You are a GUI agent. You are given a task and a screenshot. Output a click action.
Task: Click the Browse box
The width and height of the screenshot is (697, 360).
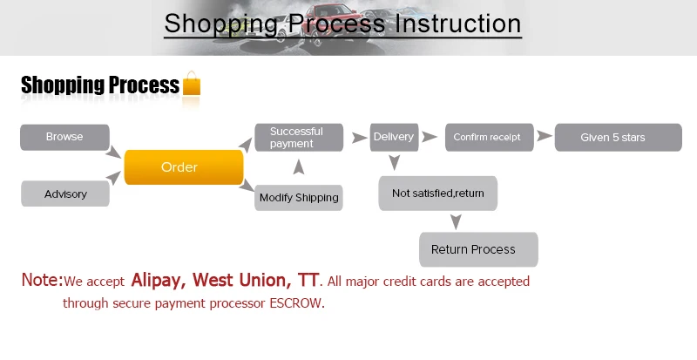pos(64,137)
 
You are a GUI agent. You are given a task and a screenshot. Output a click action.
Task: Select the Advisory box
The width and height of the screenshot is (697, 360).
pos(64,194)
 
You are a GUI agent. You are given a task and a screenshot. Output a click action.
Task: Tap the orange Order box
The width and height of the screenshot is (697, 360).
pos(184,166)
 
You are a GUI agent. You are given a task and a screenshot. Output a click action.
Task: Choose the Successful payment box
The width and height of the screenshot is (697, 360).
pos(299,138)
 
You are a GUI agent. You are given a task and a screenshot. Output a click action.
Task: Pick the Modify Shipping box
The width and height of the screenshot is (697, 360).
pos(298,198)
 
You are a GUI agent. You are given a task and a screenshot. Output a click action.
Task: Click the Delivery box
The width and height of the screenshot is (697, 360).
pos(394,137)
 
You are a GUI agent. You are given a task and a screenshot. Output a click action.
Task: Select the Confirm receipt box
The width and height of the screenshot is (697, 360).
pos(489,138)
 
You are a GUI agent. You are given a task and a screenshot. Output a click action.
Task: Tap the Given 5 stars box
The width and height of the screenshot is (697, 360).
pos(618,138)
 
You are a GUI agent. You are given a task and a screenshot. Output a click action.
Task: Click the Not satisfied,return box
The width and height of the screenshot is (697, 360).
pos(438,194)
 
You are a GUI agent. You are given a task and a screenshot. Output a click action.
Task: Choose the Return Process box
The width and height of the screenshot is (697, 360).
pos(478,249)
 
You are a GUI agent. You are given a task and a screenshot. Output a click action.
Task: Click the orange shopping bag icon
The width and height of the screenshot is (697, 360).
pos(192,83)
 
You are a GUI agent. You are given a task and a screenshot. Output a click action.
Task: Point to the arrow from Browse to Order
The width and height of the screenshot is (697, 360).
pos(113,152)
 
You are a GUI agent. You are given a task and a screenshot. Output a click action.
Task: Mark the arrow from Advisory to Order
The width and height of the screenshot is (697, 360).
pos(113,178)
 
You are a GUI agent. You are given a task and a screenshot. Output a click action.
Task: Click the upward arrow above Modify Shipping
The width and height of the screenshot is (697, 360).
pos(299,167)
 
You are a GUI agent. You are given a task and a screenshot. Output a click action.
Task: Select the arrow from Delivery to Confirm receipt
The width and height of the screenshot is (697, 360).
pos(430,137)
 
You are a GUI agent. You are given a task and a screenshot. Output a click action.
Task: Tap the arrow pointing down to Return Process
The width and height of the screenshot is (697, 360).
pos(456,221)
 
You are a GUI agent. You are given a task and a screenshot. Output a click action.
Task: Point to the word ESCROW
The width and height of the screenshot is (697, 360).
pos(295,303)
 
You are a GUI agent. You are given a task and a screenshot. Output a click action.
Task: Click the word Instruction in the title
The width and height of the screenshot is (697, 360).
pos(458,24)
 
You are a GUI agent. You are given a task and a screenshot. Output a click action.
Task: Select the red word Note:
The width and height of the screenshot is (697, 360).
pos(42,280)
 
